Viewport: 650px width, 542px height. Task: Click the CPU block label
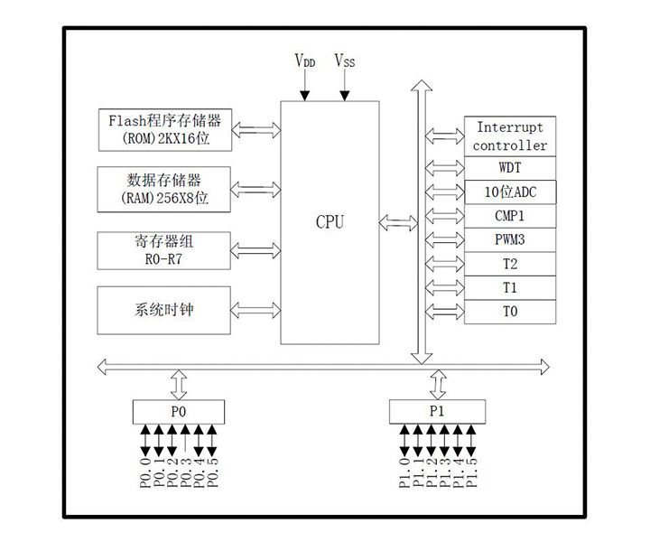coord(330,222)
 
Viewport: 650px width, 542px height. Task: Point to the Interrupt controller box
coord(510,136)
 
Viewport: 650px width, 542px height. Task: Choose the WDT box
coord(510,168)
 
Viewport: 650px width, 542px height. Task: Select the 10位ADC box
coord(510,192)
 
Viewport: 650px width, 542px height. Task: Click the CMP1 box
coord(510,217)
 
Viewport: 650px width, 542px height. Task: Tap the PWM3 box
coord(510,240)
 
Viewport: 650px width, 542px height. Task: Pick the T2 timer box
coord(510,264)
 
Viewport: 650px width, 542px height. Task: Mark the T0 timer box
coord(510,312)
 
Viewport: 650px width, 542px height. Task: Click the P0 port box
coord(178,411)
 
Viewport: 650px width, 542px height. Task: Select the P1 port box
coord(437,411)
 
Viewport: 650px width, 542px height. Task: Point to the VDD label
coord(305,61)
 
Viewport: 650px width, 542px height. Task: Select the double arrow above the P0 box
coord(179,384)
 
